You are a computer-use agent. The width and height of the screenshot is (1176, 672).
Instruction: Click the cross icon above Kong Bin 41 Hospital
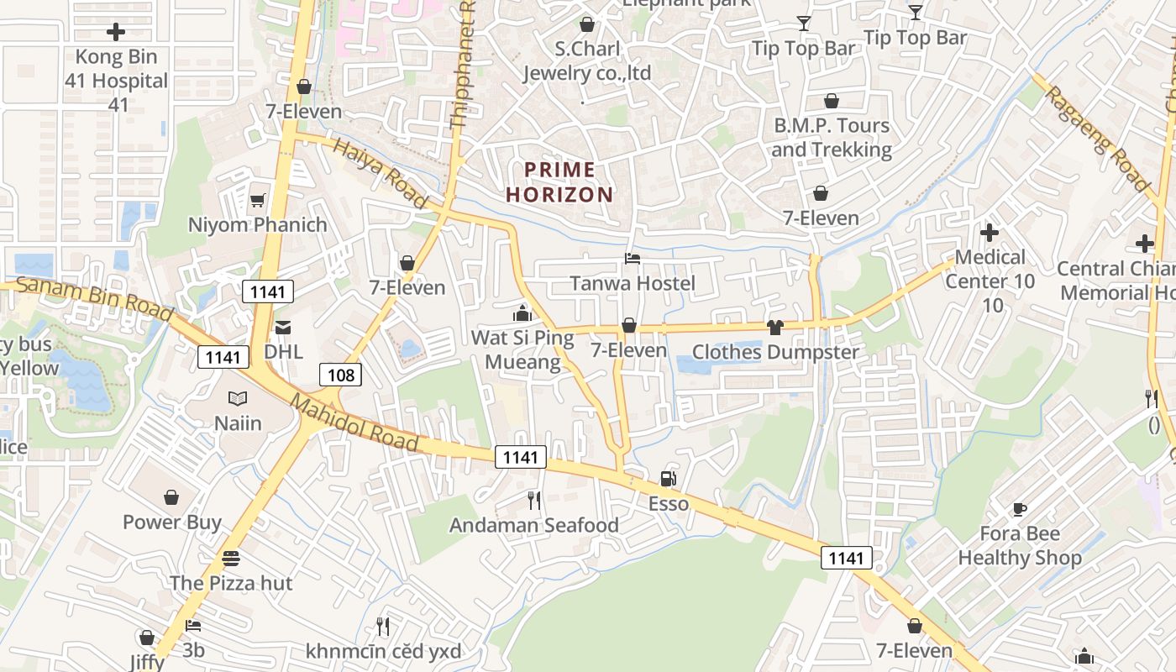[x=116, y=33]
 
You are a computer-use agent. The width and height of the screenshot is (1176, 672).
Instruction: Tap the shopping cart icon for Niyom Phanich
[x=257, y=200]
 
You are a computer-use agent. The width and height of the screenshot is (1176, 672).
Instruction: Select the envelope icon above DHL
[x=282, y=327]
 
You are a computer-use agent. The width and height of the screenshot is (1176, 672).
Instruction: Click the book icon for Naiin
[x=238, y=398]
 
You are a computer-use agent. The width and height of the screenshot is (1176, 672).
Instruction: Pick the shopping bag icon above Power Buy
[x=171, y=497]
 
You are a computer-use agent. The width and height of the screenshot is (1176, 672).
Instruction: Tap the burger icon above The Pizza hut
[x=231, y=558]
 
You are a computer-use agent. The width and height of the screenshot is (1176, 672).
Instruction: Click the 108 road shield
[x=340, y=375]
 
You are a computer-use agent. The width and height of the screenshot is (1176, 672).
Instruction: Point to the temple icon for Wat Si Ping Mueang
[x=522, y=313]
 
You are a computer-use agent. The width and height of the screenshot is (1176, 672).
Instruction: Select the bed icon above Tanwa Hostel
[x=633, y=259]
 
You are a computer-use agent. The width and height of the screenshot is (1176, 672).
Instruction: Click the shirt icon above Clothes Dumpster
[x=774, y=327]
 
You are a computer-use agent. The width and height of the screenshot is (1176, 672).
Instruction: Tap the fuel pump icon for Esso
[x=669, y=479]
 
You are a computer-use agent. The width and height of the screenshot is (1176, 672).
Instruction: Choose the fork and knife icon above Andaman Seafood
[x=533, y=501]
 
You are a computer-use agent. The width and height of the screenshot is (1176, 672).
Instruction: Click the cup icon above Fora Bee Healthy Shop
[x=1019, y=509]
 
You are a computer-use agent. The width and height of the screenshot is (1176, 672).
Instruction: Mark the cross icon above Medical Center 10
[x=990, y=232]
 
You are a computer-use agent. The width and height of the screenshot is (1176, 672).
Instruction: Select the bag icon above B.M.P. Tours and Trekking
[x=831, y=101]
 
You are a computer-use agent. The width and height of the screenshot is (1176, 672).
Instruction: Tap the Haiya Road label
[x=380, y=173]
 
